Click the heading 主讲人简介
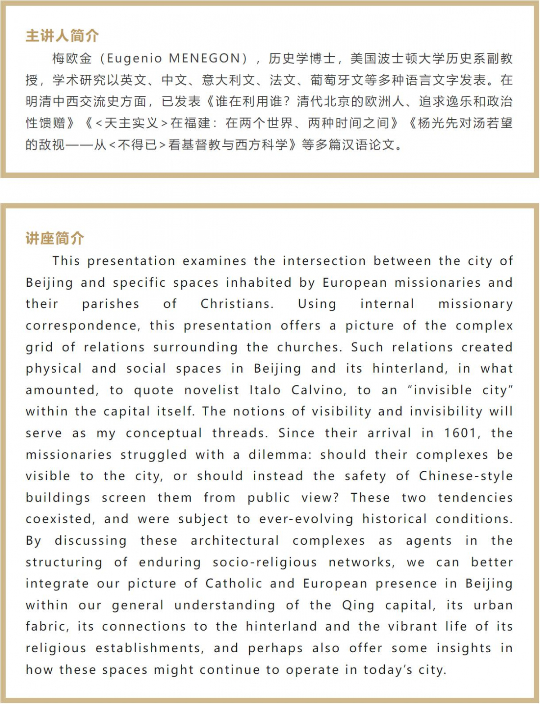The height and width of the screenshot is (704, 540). pos(62,36)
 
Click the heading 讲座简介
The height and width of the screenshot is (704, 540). pos(54,238)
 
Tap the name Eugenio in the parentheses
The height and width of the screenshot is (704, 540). pos(135,58)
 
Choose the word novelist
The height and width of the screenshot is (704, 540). pos(211,390)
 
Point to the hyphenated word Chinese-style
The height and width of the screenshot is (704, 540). pos(466,476)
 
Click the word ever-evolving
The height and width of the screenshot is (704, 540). pos(306,519)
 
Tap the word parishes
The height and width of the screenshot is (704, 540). pos(111,304)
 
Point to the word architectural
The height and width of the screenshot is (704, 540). pos(234,541)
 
